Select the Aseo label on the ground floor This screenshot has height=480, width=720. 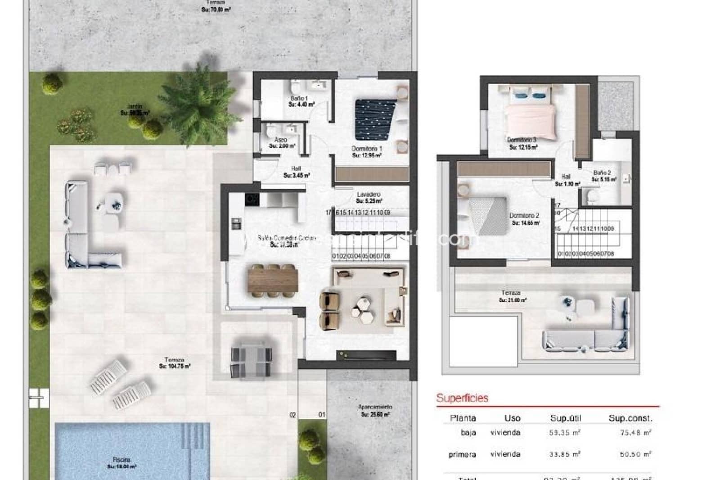pos(281,143)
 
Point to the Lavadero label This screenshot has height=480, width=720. pos(369,197)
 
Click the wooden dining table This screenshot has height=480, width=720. pos(273,279)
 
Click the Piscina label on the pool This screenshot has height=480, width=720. pos(121,462)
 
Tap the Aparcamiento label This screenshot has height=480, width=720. pos(375,410)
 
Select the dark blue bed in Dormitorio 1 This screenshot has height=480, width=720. pos(375,119)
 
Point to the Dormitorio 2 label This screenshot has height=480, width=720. pos(524,219)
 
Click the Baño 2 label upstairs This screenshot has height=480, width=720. pos(603,176)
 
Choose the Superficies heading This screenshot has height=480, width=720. pos(462,398)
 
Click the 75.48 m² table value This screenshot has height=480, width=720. pos(635,433)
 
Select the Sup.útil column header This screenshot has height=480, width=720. pos(565,418)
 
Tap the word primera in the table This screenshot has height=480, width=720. pos(462,455)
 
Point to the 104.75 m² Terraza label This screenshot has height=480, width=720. pos(174,363)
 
